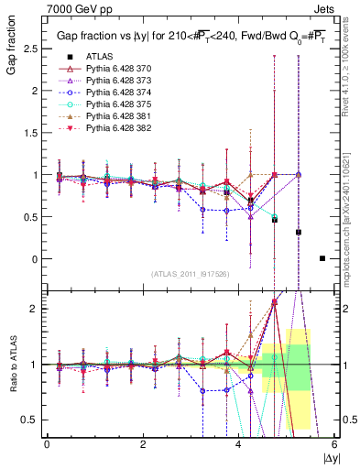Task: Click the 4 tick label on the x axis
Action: point(239,444)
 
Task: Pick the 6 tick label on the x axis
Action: point(335,444)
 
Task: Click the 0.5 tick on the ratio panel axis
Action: point(27,420)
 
